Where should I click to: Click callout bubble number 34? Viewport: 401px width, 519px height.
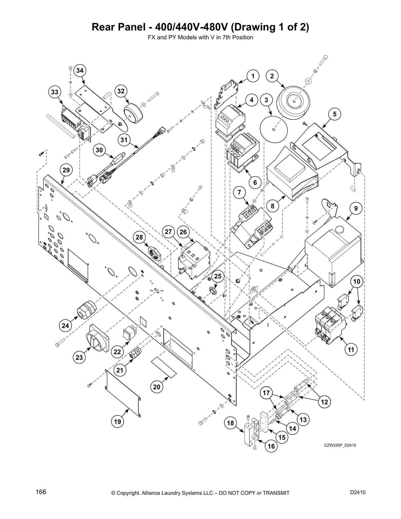(x=80, y=70)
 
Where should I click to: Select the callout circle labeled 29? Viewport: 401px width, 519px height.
(x=66, y=170)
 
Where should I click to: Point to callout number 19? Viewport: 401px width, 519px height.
(x=118, y=421)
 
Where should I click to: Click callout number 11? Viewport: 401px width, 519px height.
(x=351, y=350)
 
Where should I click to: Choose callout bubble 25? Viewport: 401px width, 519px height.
(x=218, y=277)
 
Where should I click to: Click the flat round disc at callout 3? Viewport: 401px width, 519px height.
(x=273, y=128)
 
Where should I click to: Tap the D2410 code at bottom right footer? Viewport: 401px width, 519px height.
(x=358, y=492)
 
